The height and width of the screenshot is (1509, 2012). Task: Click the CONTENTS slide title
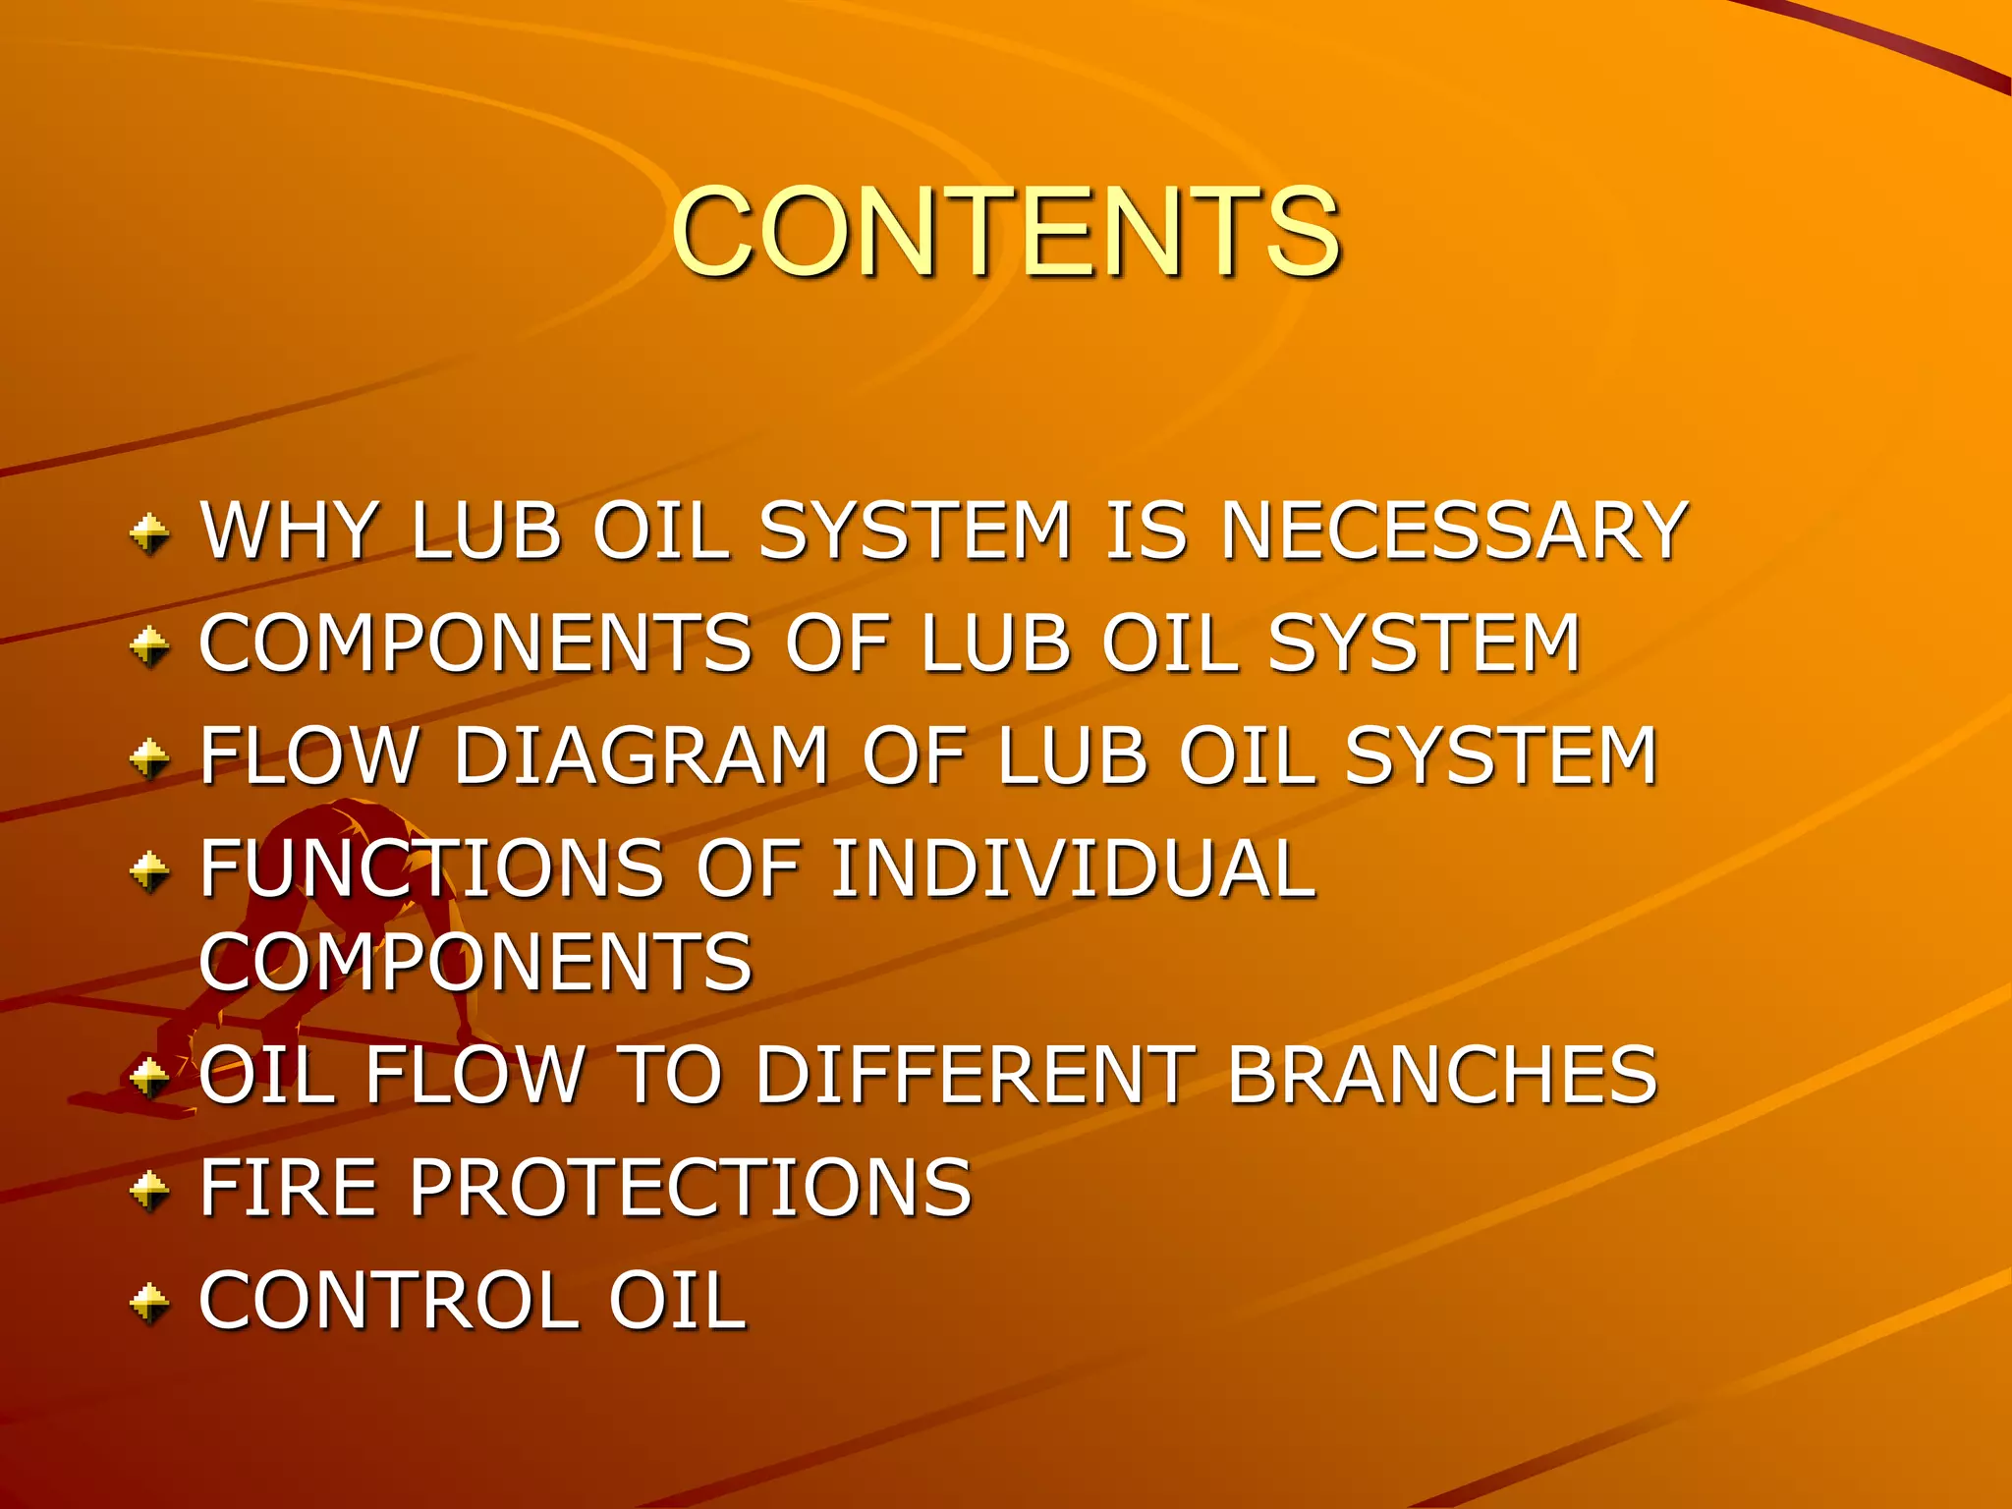coord(1006,232)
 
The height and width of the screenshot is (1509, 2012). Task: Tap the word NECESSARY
coord(1454,531)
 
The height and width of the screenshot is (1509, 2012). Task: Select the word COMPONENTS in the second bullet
coord(475,643)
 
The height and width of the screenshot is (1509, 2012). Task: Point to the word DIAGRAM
coord(643,755)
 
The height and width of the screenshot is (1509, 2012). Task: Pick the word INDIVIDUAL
coord(1073,868)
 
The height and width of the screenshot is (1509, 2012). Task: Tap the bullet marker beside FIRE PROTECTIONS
coord(150,1190)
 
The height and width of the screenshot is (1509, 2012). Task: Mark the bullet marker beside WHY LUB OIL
coord(150,534)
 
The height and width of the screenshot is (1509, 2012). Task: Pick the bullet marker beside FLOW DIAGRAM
coord(150,758)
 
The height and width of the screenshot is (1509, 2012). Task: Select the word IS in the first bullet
coord(1146,531)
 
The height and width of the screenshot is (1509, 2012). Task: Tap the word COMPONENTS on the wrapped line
coord(475,962)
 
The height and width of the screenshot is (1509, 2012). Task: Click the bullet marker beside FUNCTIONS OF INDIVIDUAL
coord(150,870)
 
